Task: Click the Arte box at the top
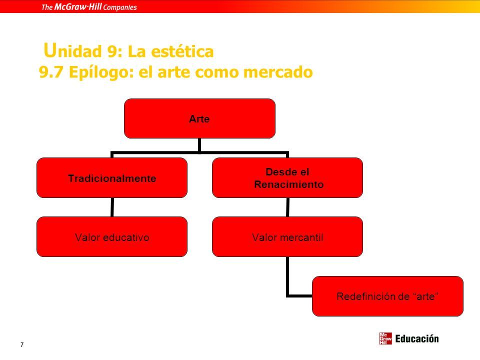tap(199, 118)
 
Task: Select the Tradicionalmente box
tap(112, 178)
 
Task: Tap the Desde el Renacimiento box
tap(287, 178)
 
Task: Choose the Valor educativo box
tap(112, 236)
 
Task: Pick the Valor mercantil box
tap(287, 236)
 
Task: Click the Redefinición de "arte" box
tap(387, 296)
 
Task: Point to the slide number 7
tap(21, 344)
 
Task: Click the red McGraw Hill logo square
tap(385, 338)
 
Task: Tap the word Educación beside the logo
tap(417, 339)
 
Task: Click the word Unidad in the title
tap(72, 50)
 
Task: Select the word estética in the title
tap(182, 51)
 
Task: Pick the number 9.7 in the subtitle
tap(51, 72)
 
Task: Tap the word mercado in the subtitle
tap(277, 72)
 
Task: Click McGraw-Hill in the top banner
tap(78, 6)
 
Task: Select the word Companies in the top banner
tap(120, 7)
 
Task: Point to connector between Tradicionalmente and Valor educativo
tap(112, 207)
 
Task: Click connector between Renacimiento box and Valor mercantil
tap(287, 207)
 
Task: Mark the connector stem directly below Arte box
tap(199, 145)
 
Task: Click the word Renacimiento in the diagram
tap(288, 184)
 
